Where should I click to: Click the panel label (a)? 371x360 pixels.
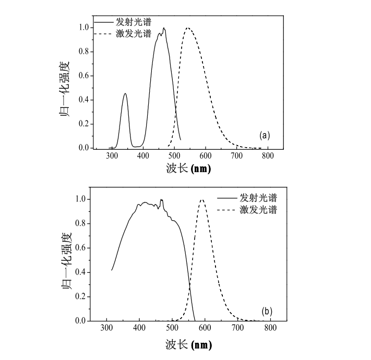[265, 136]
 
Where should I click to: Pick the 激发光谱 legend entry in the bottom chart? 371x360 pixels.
[258, 210]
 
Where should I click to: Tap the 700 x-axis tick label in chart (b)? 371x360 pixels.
[237, 328]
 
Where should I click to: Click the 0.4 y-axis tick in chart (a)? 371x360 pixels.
[83, 100]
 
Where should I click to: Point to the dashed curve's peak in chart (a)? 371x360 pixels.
[188, 28]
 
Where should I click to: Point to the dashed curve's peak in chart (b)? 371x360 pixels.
[202, 200]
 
